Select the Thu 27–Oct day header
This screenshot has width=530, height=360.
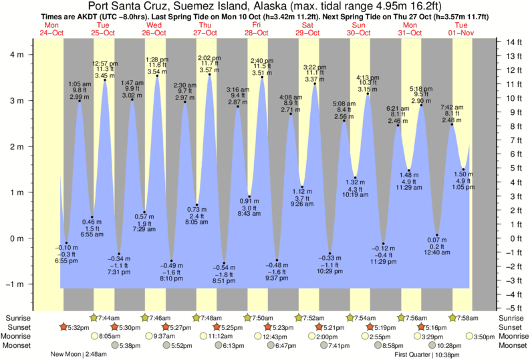pos(205,28)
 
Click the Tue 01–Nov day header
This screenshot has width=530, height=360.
pos(461,28)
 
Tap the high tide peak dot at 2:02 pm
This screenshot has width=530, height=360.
pos(210,75)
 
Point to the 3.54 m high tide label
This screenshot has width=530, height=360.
pos(157,71)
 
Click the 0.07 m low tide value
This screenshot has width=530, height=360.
pos(437,239)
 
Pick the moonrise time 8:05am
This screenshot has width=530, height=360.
pos(110,337)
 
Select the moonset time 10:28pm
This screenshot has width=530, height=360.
pos(450,346)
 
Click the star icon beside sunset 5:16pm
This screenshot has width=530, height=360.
pos(420,327)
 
